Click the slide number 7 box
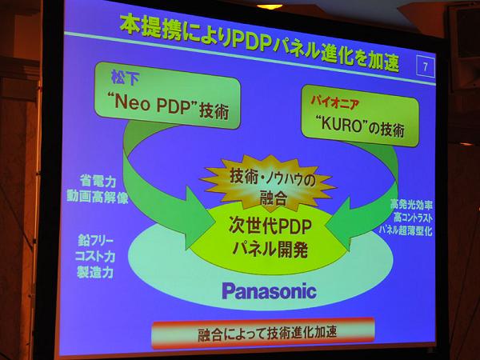click(426, 66)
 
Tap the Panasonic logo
click(269, 291)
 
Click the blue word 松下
click(126, 77)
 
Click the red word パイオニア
click(335, 102)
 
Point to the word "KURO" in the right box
click(342, 124)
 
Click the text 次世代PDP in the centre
click(270, 227)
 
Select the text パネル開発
click(270, 250)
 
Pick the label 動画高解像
click(98, 197)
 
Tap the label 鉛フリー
click(95, 241)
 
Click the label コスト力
click(95, 256)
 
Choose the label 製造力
click(95, 272)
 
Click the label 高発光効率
click(411, 205)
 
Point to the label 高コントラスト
click(414, 218)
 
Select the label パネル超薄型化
click(406, 230)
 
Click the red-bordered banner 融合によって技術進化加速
click(263, 333)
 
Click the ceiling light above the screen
click(270, 6)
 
